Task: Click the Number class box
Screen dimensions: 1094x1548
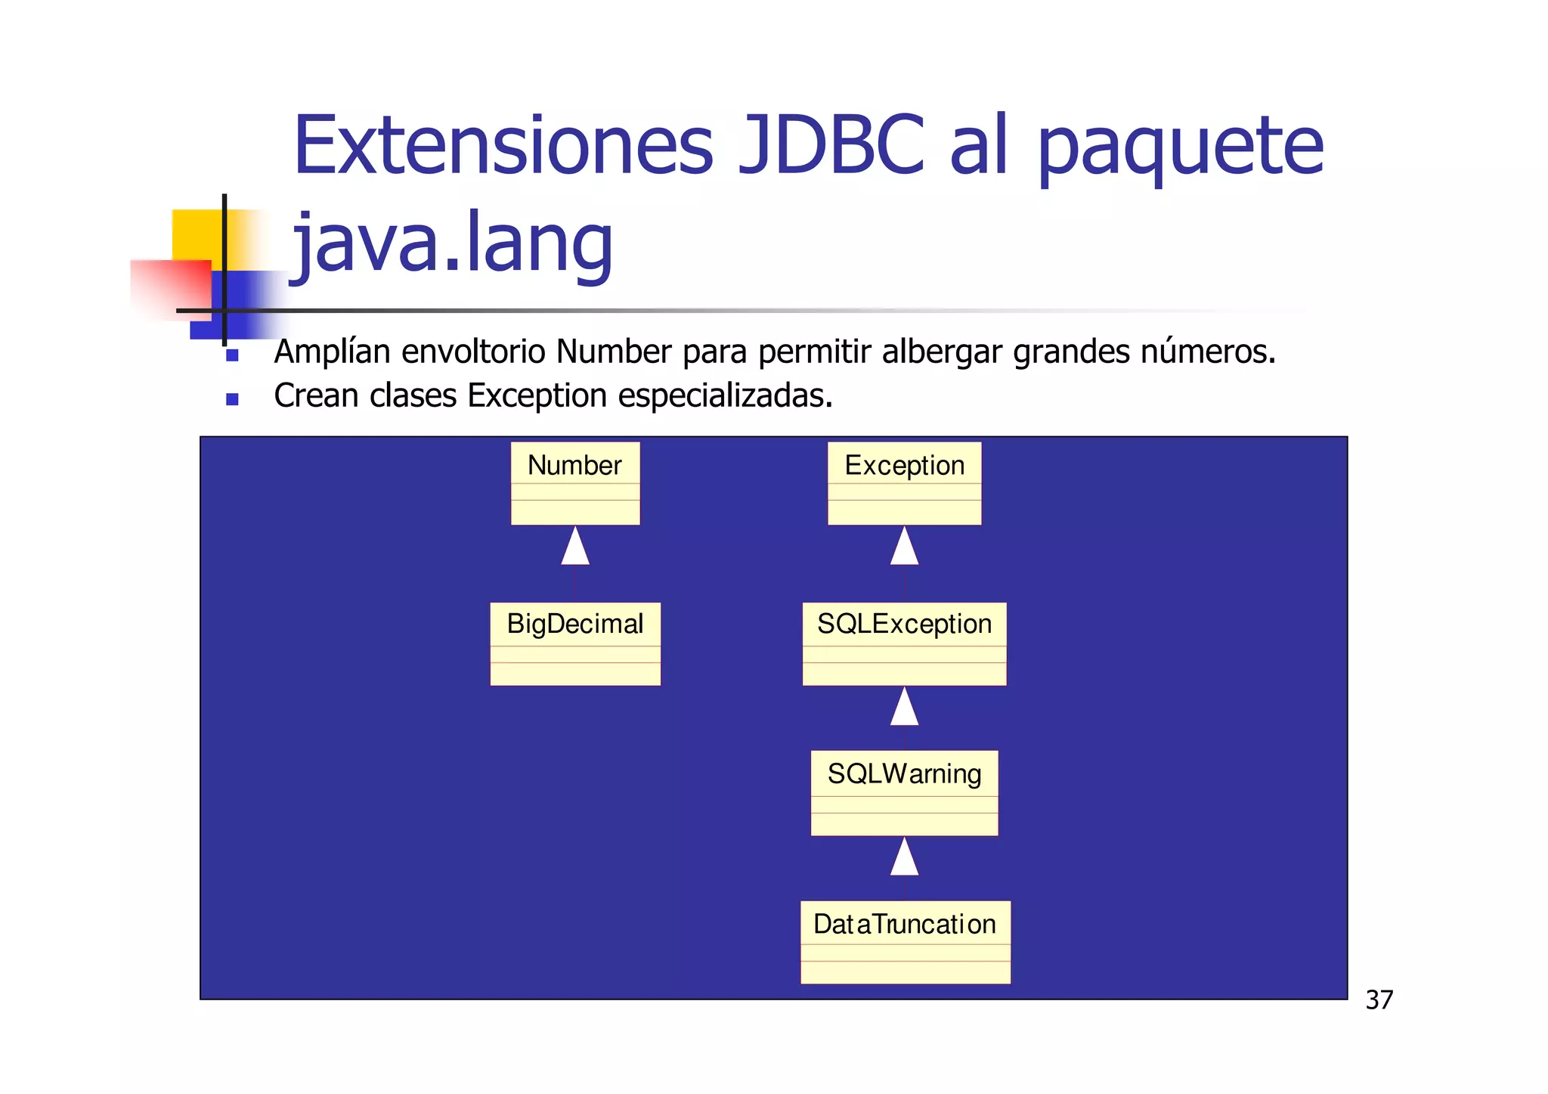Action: tap(575, 483)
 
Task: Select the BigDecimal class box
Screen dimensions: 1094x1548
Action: tap(575, 643)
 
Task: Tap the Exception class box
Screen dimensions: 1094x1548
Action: tap(904, 483)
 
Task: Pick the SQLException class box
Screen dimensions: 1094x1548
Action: tap(904, 643)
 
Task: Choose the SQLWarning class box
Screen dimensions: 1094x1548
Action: tap(904, 792)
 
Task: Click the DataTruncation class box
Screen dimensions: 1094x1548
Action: tap(905, 942)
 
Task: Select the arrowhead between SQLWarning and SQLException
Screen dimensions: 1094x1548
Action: tap(904, 708)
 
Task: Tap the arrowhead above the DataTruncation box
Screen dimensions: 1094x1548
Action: tap(904, 857)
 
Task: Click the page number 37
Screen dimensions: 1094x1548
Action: tap(1379, 1000)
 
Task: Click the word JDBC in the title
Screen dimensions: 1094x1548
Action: tap(830, 145)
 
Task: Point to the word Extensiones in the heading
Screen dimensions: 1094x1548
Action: tap(503, 145)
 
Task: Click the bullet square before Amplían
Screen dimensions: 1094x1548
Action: tap(232, 355)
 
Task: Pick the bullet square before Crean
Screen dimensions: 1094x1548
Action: tap(232, 399)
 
